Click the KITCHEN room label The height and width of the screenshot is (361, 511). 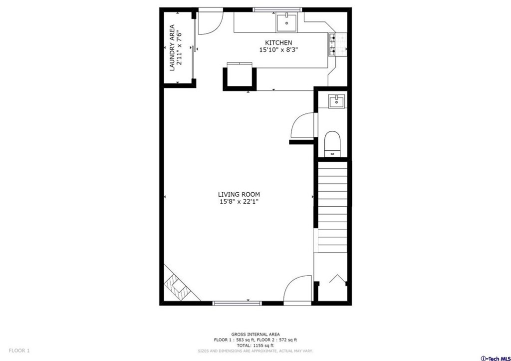278,43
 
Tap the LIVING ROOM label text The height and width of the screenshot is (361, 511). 239,194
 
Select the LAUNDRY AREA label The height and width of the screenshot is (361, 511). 172,47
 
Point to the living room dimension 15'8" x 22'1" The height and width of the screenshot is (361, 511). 239,202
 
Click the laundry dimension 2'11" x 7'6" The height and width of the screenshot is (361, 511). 179,47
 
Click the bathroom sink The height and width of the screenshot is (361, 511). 336,101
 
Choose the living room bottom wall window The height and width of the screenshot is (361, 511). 237,303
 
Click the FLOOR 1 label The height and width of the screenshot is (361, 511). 19,351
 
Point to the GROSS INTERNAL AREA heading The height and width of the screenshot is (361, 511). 255,334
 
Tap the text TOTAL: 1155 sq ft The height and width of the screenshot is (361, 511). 255,346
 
